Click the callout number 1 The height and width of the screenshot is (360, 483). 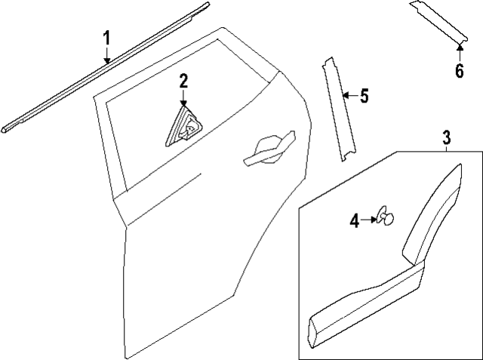[107, 37]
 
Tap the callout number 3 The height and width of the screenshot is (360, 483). [447, 137]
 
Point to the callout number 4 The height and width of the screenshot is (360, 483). [354, 220]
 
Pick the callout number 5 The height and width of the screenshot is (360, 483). [364, 96]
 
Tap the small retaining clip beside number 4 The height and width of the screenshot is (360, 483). [386, 218]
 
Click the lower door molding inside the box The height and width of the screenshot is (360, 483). [355, 302]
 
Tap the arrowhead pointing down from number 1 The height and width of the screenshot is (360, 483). [107, 60]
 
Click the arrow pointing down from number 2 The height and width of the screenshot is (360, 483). [183, 101]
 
